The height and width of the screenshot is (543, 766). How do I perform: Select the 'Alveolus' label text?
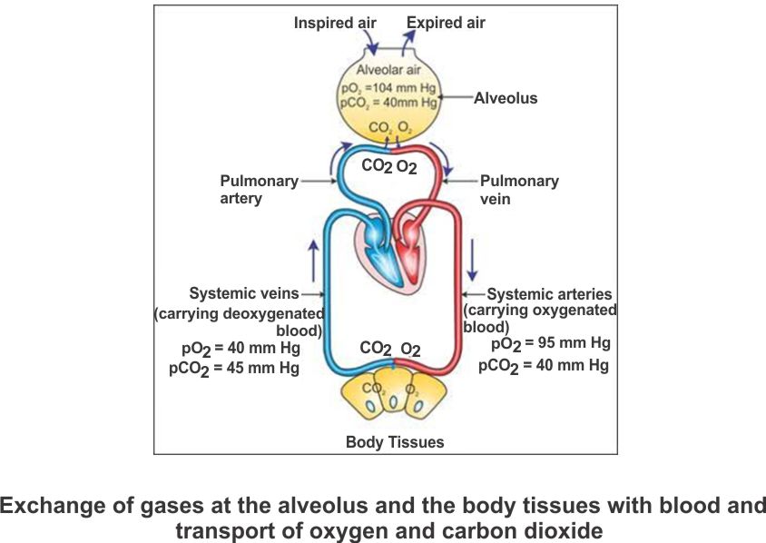(506, 98)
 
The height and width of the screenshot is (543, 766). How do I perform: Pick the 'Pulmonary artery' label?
(259, 189)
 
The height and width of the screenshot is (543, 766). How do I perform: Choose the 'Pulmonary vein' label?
(519, 189)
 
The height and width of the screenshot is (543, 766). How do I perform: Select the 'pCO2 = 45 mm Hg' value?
(233, 369)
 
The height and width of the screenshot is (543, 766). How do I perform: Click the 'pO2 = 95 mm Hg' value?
(550, 344)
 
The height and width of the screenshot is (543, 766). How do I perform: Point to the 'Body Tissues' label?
(395, 442)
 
